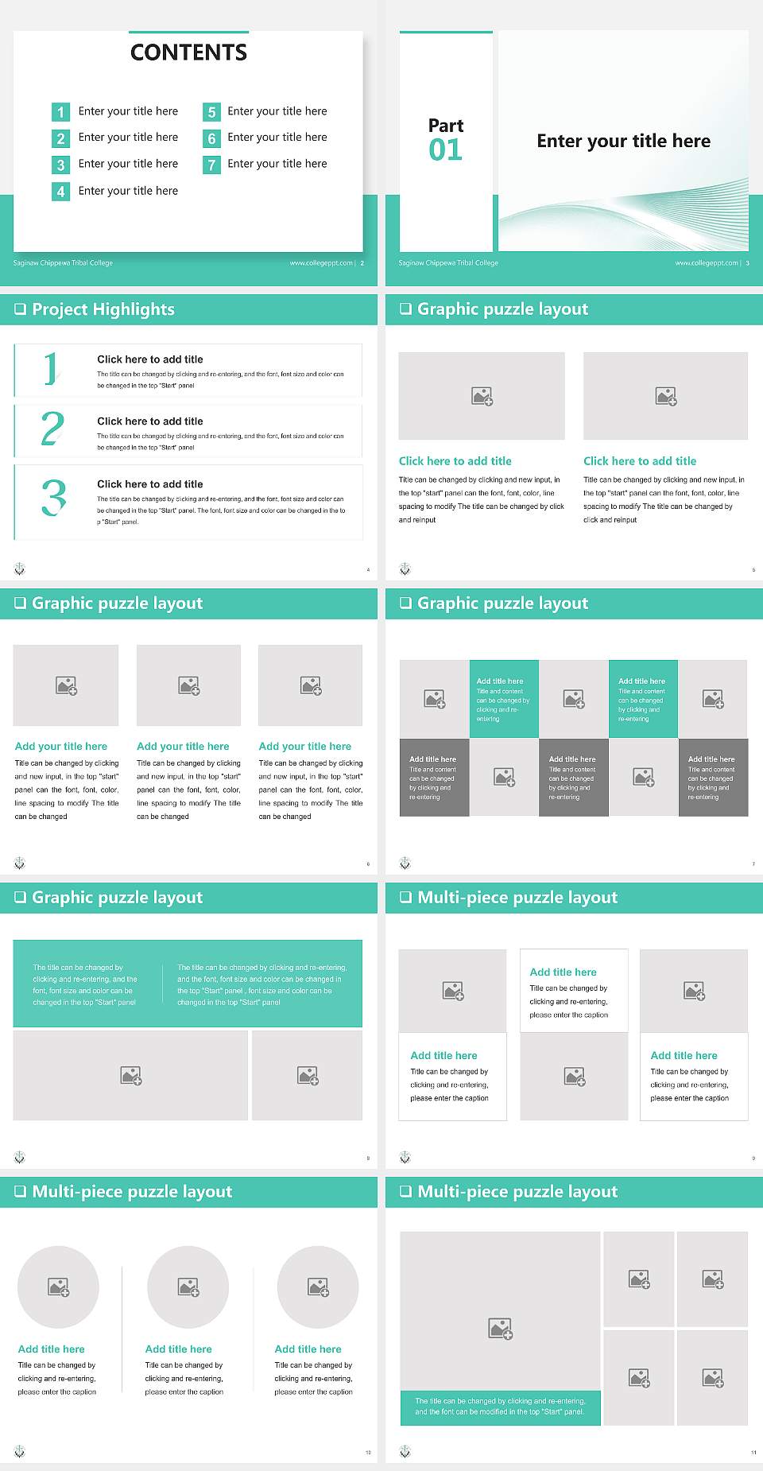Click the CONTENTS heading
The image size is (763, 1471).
(188, 52)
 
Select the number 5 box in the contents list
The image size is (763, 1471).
(211, 112)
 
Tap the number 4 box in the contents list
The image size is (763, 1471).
(60, 192)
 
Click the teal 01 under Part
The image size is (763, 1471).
(445, 149)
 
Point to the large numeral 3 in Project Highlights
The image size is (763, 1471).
(53, 498)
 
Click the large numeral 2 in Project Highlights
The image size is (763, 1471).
(52, 429)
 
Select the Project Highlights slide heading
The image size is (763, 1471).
(103, 309)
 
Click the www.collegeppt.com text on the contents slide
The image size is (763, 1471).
(321, 263)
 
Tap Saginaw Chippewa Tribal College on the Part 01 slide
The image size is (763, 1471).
(448, 263)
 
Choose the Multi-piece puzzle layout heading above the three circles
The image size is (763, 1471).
(132, 1192)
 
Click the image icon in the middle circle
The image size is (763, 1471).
(188, 1287)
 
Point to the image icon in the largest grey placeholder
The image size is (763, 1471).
(501, 1328)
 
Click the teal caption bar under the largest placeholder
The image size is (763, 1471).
(500, 1407)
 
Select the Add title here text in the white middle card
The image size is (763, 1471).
(563, 972)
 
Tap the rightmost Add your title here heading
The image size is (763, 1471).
(304, 747)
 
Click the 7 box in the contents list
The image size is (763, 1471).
(211, 165)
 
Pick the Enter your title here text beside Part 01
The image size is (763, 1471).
(623, 142)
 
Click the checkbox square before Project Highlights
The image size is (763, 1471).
(21, 309)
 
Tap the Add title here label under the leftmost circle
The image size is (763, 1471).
(51, 1349)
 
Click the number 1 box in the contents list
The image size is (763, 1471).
(60, 112)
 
